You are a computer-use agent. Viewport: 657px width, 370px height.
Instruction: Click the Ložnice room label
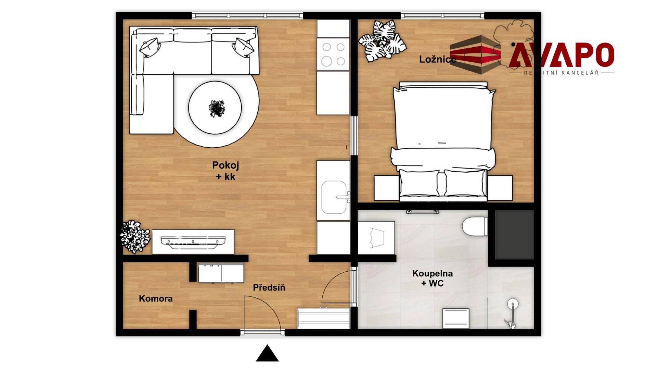[438, 59]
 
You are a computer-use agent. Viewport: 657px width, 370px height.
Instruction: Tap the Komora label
[156, 299]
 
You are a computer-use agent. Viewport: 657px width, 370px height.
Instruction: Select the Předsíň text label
[269, 288]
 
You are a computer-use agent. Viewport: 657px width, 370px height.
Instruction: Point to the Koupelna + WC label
[432, 278]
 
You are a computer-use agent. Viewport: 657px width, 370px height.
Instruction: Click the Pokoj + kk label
[226, 171]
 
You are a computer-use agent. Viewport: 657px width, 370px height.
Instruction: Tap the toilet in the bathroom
[475, 226]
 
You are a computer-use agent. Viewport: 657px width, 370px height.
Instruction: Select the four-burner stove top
[333, 54]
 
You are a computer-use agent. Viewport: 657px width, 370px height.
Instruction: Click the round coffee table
[215, 108]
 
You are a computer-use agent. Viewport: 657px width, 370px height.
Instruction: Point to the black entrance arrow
[267, 354]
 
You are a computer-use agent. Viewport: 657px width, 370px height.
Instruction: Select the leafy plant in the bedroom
[382, 41]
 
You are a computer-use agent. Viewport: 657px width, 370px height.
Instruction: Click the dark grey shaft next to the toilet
[514, 235]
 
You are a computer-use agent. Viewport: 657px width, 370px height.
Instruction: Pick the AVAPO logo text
[561, 55]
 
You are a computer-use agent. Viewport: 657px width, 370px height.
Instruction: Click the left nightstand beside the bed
[387, 188]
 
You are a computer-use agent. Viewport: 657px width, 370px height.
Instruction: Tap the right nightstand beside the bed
[500, 188]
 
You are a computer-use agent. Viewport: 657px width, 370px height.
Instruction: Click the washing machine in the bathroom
[376, 237]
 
